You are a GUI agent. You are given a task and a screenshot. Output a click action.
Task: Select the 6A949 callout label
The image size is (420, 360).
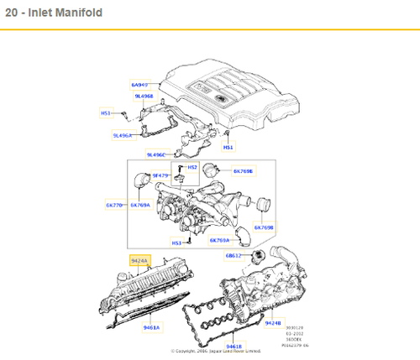(x=139, y=85)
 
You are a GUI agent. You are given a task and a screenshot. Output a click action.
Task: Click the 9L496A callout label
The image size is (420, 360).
(x=123, y=134)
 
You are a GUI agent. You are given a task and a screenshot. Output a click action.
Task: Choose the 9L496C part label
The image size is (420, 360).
(x=157, y=154)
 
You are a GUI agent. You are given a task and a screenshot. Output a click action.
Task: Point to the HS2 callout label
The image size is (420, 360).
(x=192, y=168)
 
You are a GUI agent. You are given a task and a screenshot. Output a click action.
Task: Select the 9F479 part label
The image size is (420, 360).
(x=161, y=175)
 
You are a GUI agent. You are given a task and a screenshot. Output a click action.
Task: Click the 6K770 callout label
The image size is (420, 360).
(x=115, y=205)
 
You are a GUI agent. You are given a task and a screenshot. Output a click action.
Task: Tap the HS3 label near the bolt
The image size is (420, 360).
(x=176, y=243)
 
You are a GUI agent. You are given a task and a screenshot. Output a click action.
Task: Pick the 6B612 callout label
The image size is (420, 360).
(x=234, y=255)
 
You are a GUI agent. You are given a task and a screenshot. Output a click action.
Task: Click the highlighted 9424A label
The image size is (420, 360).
(x=139, y=261)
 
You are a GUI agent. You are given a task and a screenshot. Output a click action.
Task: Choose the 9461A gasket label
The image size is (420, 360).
(x=151, y=327)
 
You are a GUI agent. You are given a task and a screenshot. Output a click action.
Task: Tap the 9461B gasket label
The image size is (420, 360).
(x=233, y=345)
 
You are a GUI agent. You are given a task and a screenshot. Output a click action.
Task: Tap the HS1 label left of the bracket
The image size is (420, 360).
(x=106, y=112)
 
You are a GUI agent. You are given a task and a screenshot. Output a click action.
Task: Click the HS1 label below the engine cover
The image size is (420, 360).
(x=228, y=147)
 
